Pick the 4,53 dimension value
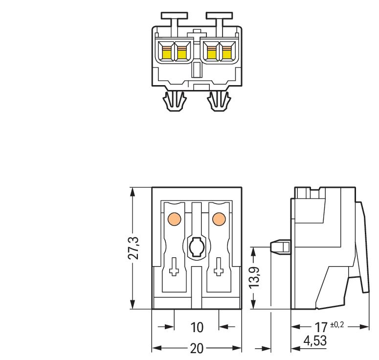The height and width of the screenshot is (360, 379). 315,340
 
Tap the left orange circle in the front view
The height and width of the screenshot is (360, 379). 174,219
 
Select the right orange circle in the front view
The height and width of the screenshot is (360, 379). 218,219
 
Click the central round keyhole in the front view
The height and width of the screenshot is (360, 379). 196,247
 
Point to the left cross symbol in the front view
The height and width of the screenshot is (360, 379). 174,268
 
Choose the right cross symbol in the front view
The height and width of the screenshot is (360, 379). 218,268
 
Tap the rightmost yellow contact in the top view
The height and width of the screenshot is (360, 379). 226,52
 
